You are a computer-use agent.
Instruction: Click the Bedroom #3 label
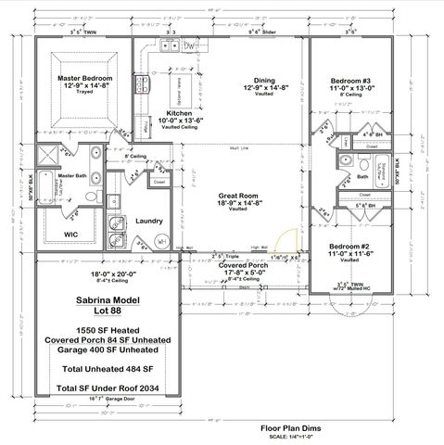(x=351, y=82)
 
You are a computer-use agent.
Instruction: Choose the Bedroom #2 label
(x=351, y=247)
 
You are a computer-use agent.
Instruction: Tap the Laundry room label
(x=149, y=222)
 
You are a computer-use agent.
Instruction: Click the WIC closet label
(x=70, y=235)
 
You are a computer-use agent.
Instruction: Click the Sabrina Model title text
(x=105, y=302)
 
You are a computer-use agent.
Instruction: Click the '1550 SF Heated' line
(x=105, y=330)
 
